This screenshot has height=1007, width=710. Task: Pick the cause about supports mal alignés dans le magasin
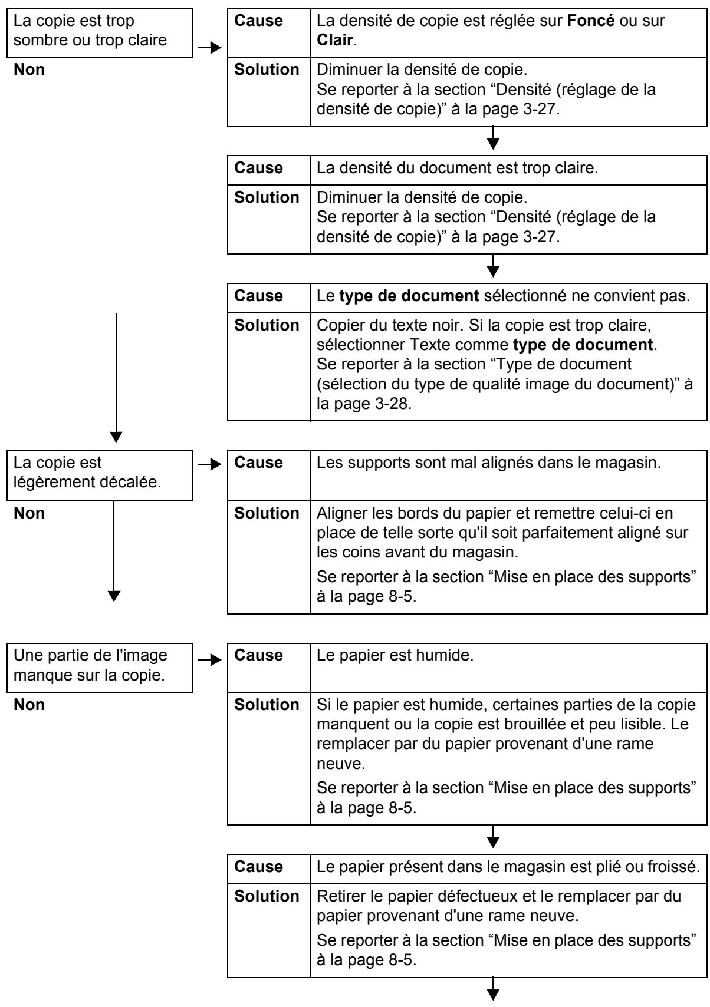click(x=509, y=463)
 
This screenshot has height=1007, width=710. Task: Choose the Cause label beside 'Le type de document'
click(x=258, y=296)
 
